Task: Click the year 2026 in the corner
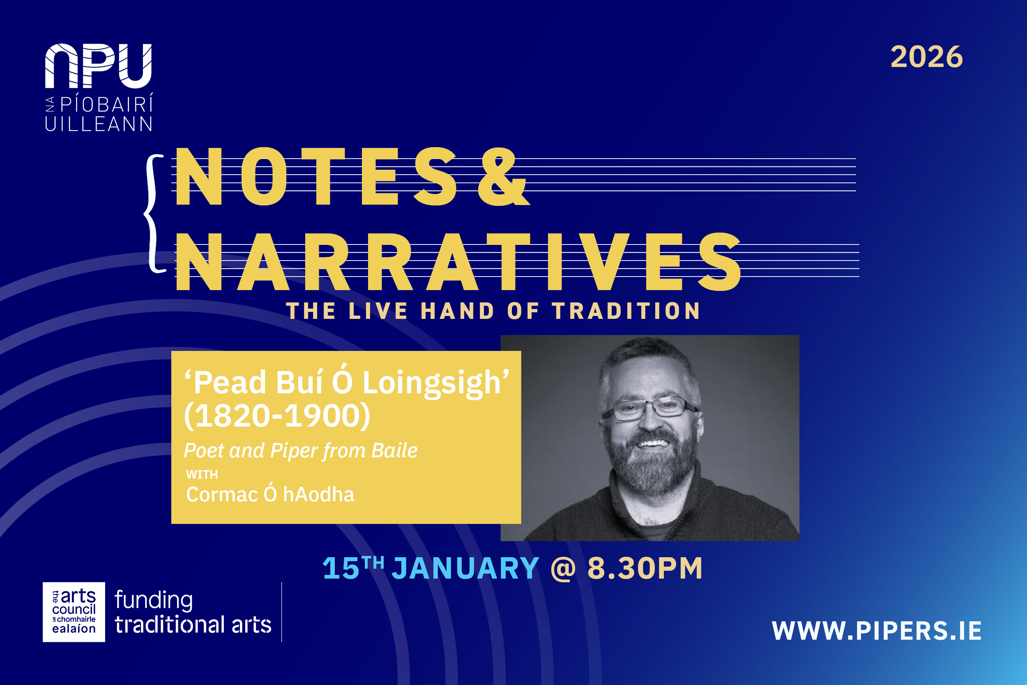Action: point(927,57)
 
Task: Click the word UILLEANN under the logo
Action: point(98,125)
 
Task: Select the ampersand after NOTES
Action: point(503,177)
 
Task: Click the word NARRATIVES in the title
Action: point(458,262)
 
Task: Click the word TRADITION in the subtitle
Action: point(626,311)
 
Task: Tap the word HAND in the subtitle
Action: point(457,311)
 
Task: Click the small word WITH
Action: point(202,475)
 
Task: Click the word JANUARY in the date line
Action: point(465,568)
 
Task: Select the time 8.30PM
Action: point(645,568)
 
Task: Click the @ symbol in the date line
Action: point(563,568)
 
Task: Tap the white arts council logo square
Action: point(74,612)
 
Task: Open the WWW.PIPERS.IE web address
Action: point(877,631)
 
